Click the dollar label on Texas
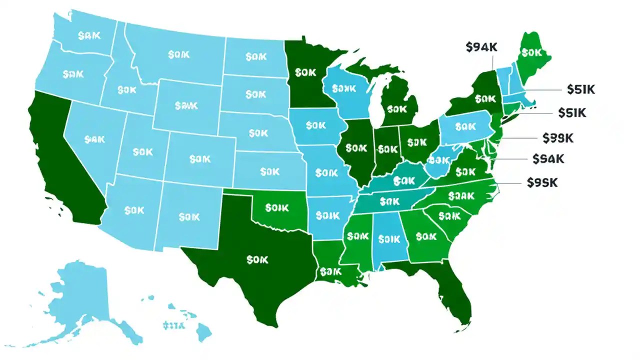click(x=257, y=260)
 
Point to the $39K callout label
click(x=558, y=137)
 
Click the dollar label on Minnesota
click(x=305, y=72)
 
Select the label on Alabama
click(x=389, y=239)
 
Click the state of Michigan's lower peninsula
click(x=398, y=107)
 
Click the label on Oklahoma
click(x=276, y=206)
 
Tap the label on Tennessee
click(x=390, y=201)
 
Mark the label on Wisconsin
click(x=343, y=88)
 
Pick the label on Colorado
click(x=200, y=158)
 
